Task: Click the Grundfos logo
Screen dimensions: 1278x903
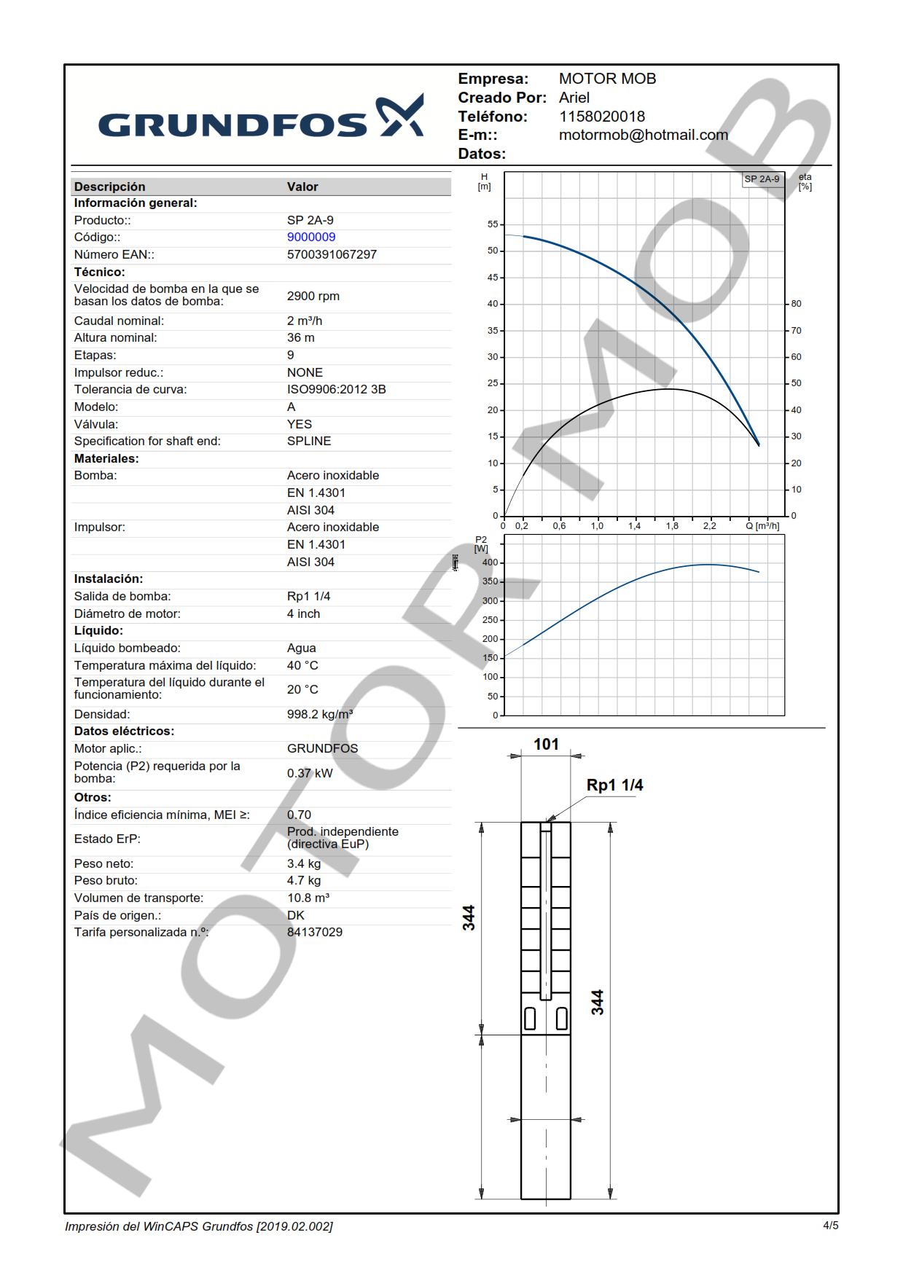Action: [260, 118]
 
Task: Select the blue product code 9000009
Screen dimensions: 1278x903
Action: [311, 238]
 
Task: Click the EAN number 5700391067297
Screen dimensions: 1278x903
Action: [332, 255]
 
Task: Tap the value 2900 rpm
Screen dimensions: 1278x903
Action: [313, 297]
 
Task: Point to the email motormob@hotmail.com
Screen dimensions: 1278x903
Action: [644, 136]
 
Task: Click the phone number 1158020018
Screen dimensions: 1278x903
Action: [602, 117]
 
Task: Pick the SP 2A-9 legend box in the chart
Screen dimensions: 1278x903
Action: [762, 179]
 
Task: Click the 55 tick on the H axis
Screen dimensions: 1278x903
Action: [493, 224]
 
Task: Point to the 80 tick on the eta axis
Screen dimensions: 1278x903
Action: [797, 304]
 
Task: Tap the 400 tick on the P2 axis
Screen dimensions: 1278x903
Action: [490, 562]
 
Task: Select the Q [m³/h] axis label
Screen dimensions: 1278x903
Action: [762, 526]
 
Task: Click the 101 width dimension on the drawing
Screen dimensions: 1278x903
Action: [546, 745]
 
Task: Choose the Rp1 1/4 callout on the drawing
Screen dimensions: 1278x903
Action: [614, 785]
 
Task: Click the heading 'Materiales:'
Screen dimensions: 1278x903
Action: [106, 459]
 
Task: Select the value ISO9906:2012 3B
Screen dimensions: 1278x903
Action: [337, 390]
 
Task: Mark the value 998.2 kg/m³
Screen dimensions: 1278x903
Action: [320, 715]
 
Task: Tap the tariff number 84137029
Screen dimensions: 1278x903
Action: [315, 933]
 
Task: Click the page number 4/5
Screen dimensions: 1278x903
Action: [831, 1226]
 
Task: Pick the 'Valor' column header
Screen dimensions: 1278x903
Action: [302, 187]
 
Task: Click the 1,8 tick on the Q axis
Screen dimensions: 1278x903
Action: [672, 526]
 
